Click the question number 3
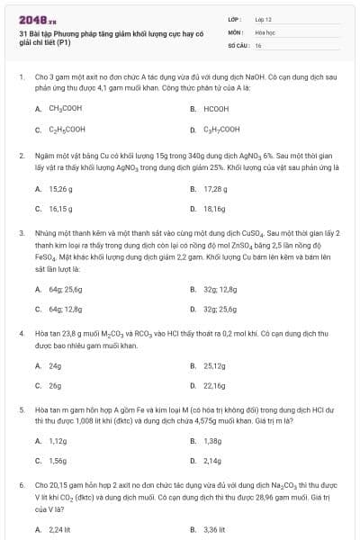pyautogui.click(x=20, y=232)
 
